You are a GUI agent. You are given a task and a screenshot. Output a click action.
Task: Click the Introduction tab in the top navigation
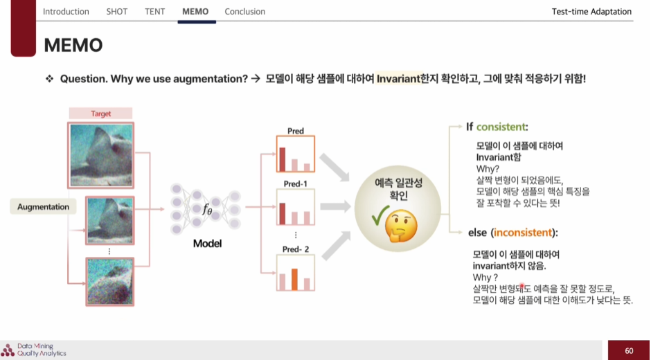coord(66,12)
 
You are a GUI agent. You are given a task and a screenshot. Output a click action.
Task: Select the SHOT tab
coord(117,12)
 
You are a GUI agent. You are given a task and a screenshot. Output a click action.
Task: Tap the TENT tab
coord(156,12)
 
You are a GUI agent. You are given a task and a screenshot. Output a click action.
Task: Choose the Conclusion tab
coord(245,12)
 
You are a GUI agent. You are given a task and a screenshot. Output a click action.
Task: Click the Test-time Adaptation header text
coord(591,12)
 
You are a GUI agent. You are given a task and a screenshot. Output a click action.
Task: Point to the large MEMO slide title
coord(73,46)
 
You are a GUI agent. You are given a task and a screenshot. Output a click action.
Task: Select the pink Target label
coord(101,114)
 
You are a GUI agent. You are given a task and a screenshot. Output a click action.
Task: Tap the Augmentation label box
coord(44,207)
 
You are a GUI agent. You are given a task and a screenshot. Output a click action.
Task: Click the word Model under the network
coord(207,244)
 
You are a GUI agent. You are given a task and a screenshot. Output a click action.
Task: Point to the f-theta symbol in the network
coord(207,209)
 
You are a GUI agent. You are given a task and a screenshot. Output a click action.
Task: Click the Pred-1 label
coord(295,183)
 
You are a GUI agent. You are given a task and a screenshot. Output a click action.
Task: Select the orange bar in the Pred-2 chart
coord(294,279)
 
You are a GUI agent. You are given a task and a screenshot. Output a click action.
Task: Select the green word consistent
coord(501,127)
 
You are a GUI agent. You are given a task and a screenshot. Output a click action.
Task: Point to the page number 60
coord(629,350)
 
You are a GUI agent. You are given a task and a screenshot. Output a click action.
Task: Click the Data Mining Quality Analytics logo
coord(35,350)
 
